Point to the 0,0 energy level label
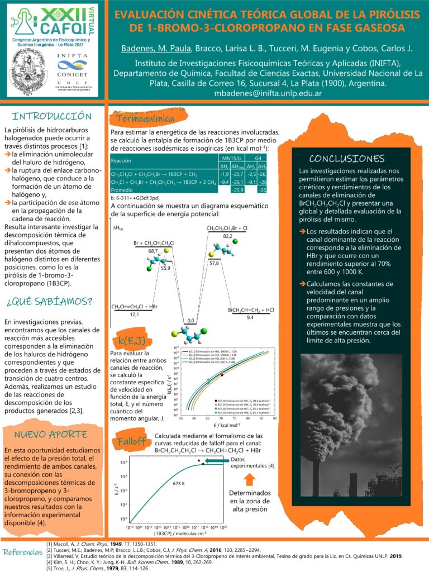[192, 321]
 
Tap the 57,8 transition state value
[214, 262]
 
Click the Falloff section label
[131, 441]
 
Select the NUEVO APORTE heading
[50, 434]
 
